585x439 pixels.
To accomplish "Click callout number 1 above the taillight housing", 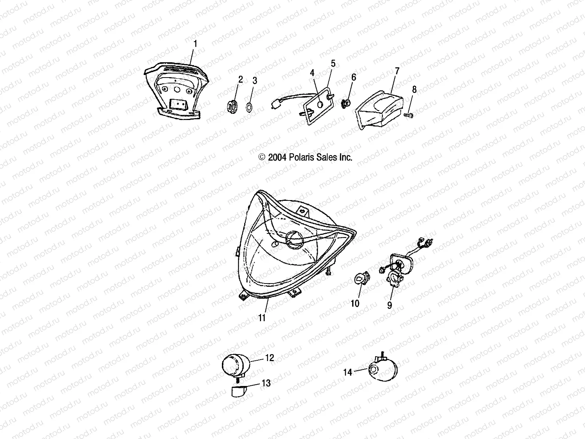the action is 195,44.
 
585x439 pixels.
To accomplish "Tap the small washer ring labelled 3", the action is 249,108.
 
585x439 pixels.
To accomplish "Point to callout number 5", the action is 333,63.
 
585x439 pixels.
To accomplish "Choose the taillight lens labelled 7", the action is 379,110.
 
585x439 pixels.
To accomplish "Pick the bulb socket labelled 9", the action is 393,280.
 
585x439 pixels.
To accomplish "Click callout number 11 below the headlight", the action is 262,318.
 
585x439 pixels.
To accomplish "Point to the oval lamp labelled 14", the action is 383,368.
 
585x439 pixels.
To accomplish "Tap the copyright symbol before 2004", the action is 262,157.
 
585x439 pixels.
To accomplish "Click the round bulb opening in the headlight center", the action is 294,240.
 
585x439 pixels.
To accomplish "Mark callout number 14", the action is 348,372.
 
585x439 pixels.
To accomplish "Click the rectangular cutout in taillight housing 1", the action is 178,103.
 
